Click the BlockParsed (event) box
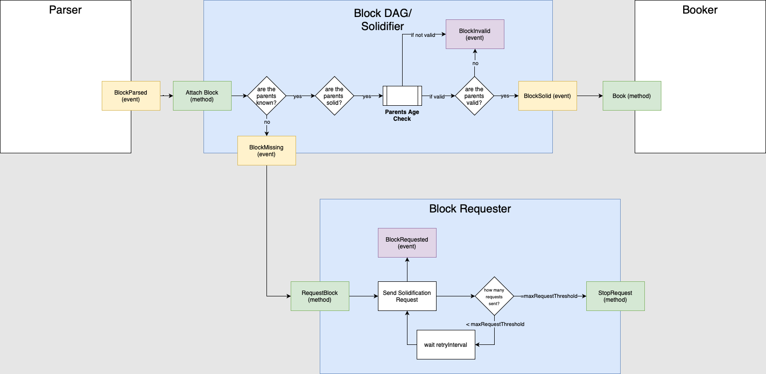click(x=131, y=96)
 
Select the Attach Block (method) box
click(x=202, y=96)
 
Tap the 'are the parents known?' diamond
click(x=266, y=96)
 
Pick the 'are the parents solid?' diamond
click(x=334, y=96)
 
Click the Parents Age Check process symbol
click(x=402, y=96)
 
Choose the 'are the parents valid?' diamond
click(x=474, y=96)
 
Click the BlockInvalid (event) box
click(x=475, y=34)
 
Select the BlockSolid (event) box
click(x=547, y=96)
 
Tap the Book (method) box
click(x=632, y=96)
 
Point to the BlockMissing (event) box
click(x=266, y=150)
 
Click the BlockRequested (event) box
click(x=407, y=243)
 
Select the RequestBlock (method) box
click(x=320, y=296)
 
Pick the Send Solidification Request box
click(x=407, y=296)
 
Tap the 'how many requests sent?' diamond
click(x=494, y=296)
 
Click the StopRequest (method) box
click(x=615, y=296)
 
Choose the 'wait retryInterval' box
click(x=446, y=344)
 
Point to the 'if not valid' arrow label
click(x=423, y=35)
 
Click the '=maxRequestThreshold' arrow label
click(x=549, y=296)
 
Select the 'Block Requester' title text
click(x=470, y=209)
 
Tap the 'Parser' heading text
click(x=65, y=10)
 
